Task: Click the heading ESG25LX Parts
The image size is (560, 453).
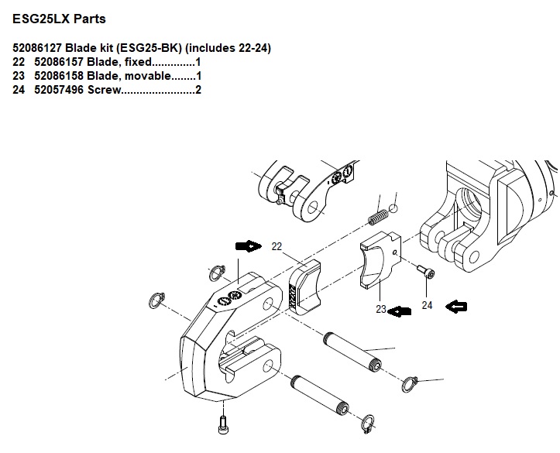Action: pyautogui.click(x=58, y=18)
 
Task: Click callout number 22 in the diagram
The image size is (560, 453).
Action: pyautogui.click(x=277, y=247)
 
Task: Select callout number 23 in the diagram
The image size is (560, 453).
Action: pyautogui.click(x=380, y=309)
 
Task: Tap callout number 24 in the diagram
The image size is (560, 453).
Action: pyautogui.click(x=427, y=305)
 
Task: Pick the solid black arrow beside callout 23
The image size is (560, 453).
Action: pyautogui.click(x=399, y=311)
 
